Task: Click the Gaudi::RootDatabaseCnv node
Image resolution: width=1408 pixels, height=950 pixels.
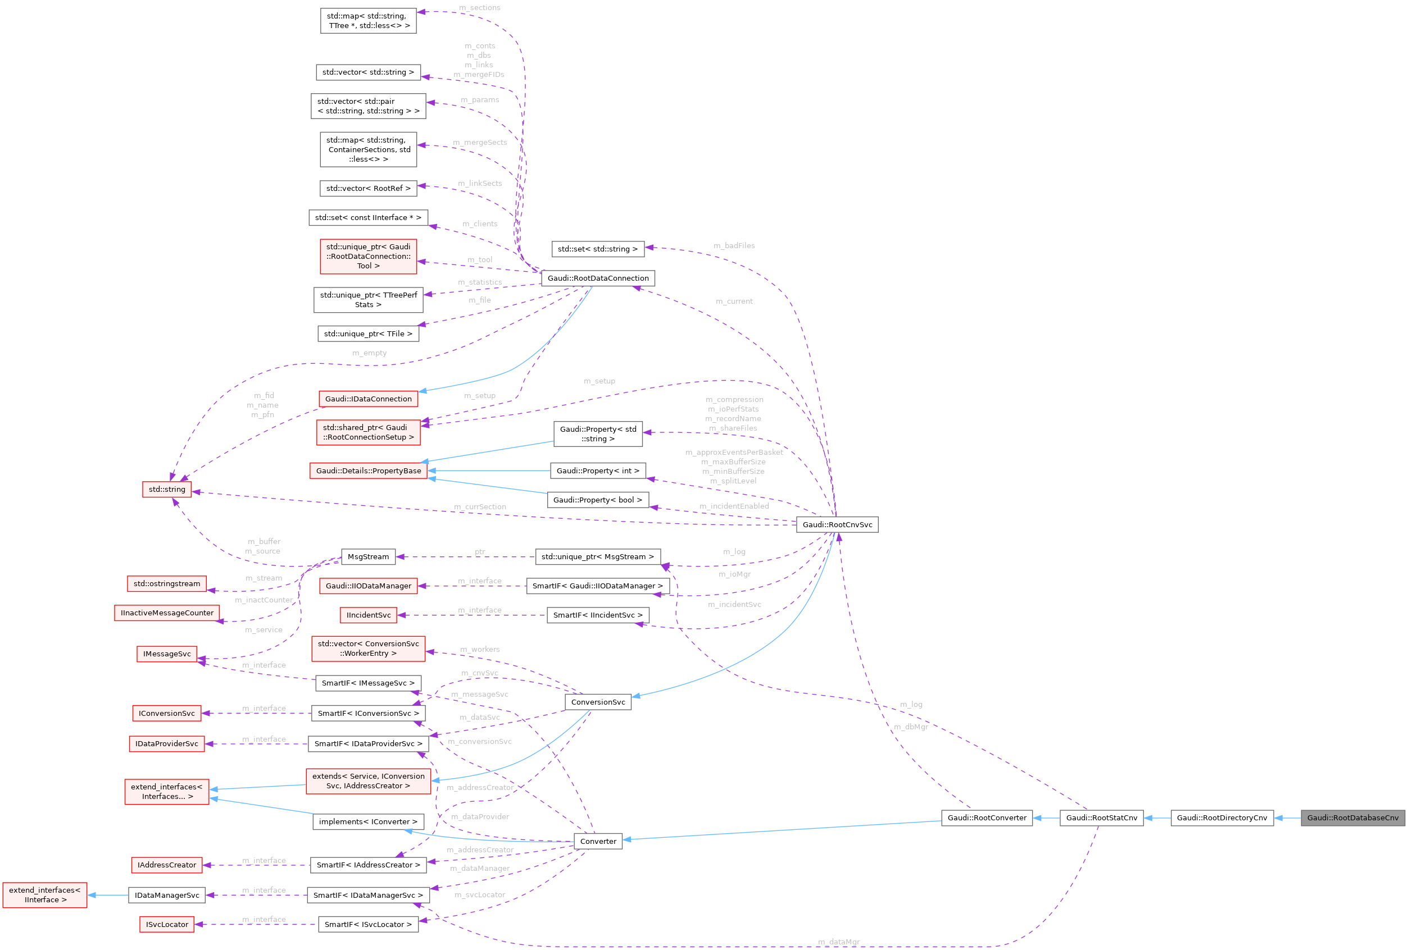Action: pyautogui.click(x=1352, y=817)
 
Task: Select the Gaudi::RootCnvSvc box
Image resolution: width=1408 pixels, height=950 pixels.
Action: pyautogui.click(x=837, y=524)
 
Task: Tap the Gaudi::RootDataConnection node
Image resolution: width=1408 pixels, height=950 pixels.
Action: pyautogui.click(x=597, y=278)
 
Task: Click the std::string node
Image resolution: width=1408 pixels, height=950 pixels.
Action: pyautogui.click(x=167, y=489)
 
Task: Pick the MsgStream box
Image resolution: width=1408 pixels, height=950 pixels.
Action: pyautogui.click(x=368, y=556)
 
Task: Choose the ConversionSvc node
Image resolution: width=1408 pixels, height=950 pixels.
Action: pyautogui.click(x=597, y=702)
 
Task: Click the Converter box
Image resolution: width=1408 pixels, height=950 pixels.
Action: pyautogui.click(x=597, y=841)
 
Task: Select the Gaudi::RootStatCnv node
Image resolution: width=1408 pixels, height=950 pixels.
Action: pyautogui.click(x=1101, y=817)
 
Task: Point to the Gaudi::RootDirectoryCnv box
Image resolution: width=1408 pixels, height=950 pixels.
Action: pyautogui.click(x=1221, y=817)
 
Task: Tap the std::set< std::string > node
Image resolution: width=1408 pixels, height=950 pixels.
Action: pyautogui.click(x=597, y=249)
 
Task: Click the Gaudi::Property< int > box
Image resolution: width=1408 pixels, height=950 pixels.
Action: pyautogui.click(x=597, y=471)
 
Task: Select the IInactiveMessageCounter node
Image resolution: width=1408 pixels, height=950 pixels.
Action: pyautogui.click(x=167, y=613)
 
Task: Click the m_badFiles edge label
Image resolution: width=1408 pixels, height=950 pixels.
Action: pyautogui.click(x=734, y=245)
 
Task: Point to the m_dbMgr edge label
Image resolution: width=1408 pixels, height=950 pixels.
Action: pyautogui.click(x=911, y=727)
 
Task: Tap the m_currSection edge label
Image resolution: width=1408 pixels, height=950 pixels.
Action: pyautogui.click(x=480, y=507)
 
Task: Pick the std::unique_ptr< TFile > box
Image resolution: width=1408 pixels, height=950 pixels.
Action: pyautogui.click(x=368, y=334)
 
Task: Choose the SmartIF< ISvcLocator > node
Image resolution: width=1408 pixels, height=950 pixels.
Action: pyautogui.click(x=368, y=924)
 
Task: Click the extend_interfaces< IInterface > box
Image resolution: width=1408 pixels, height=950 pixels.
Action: pyautogui.click(x=44, y=895)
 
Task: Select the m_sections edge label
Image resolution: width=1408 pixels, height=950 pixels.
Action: pyautogui.click(x=479, y=8)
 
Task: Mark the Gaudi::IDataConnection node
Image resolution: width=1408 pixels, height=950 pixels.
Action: pyautogui.click(x=368, y=399)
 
